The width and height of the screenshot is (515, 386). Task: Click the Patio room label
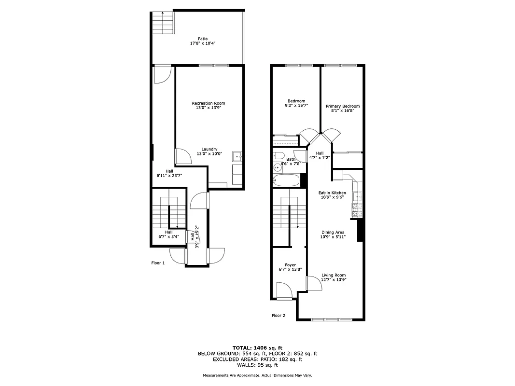click(203, 39)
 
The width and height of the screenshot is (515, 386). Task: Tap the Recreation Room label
click(209, 103)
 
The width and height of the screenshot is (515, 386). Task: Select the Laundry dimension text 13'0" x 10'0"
click(209, 154)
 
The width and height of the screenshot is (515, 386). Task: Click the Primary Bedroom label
click(343, 106)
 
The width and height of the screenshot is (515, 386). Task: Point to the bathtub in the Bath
click(286, 181)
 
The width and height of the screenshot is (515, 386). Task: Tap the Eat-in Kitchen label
click(332, 193)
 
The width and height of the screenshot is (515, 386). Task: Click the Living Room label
click(334, 275)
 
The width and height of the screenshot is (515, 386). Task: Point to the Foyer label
click(290, 265)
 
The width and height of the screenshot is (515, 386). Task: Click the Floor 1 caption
click(158, 263)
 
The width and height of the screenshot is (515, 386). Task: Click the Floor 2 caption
click(278, 316)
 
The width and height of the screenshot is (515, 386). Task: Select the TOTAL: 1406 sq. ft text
click(257, 347)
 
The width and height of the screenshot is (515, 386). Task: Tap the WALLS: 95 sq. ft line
click(257, 365)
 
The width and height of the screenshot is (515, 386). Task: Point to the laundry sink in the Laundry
click(237, 157)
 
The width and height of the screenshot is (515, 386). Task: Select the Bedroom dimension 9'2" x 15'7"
click(296, 105)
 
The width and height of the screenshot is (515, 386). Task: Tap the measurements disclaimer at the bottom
click(257, 375)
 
